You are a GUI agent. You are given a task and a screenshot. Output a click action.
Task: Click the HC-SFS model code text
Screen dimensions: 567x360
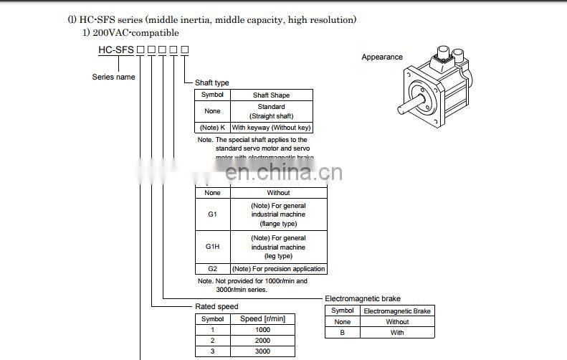coord(116,49)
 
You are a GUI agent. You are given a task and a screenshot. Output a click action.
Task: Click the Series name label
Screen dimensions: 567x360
coord(113,77)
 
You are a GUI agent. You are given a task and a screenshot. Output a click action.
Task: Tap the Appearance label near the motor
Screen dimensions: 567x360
coord(382,57)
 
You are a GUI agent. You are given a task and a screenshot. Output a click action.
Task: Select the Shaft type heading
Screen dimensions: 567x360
coord(212,83)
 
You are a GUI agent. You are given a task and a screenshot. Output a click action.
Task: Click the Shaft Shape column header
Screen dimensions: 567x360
coord(272,95)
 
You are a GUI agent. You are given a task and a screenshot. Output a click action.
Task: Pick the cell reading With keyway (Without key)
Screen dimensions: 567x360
coord(272,128)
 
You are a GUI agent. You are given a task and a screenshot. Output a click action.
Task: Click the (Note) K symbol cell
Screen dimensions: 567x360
coord(212,128)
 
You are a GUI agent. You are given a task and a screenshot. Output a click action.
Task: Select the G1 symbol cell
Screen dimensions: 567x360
coord(212,214)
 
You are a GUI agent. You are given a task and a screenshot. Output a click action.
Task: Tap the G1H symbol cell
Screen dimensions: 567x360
coord(212,247)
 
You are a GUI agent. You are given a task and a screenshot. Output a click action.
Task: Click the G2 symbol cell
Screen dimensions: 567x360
coord(212,269)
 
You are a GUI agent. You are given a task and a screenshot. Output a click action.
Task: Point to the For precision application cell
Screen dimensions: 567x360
coord(278,269)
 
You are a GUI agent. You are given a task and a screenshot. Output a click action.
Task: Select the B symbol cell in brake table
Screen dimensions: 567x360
coord(343,332)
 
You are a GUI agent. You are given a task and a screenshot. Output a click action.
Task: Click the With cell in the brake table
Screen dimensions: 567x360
coord(397,332)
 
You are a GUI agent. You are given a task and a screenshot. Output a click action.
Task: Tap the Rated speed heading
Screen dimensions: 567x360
coord(216,307)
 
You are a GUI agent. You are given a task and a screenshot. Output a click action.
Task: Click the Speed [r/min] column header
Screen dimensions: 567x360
coord(262,318)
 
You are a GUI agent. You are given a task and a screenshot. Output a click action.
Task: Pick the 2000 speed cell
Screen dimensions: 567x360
coord(262,340)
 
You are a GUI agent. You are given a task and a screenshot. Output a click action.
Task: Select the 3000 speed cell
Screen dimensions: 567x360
coord(262,351)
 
